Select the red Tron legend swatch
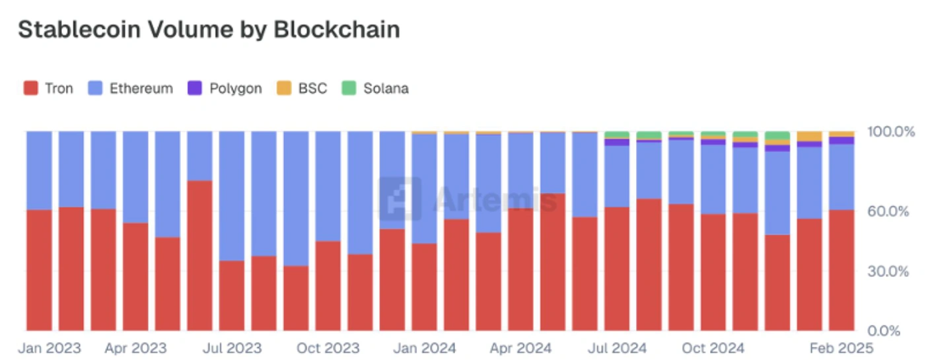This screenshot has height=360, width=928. click(30, 88)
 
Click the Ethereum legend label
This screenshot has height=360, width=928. click(141, 88)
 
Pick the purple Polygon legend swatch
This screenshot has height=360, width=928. click(195, 88)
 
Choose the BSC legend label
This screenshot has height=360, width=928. click(312, 88)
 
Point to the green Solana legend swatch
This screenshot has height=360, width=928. click(349, 88)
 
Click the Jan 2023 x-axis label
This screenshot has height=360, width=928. click(50, 348)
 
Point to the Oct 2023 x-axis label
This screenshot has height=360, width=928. click(328, 348)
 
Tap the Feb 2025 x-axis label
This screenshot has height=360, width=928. click(841, 348)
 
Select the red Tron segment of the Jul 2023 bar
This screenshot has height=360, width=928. click(232, 295)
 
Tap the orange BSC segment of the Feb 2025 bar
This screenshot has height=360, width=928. click(841, 134)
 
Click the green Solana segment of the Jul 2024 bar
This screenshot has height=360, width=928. click(617, 135)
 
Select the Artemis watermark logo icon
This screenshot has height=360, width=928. click(400, 198)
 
